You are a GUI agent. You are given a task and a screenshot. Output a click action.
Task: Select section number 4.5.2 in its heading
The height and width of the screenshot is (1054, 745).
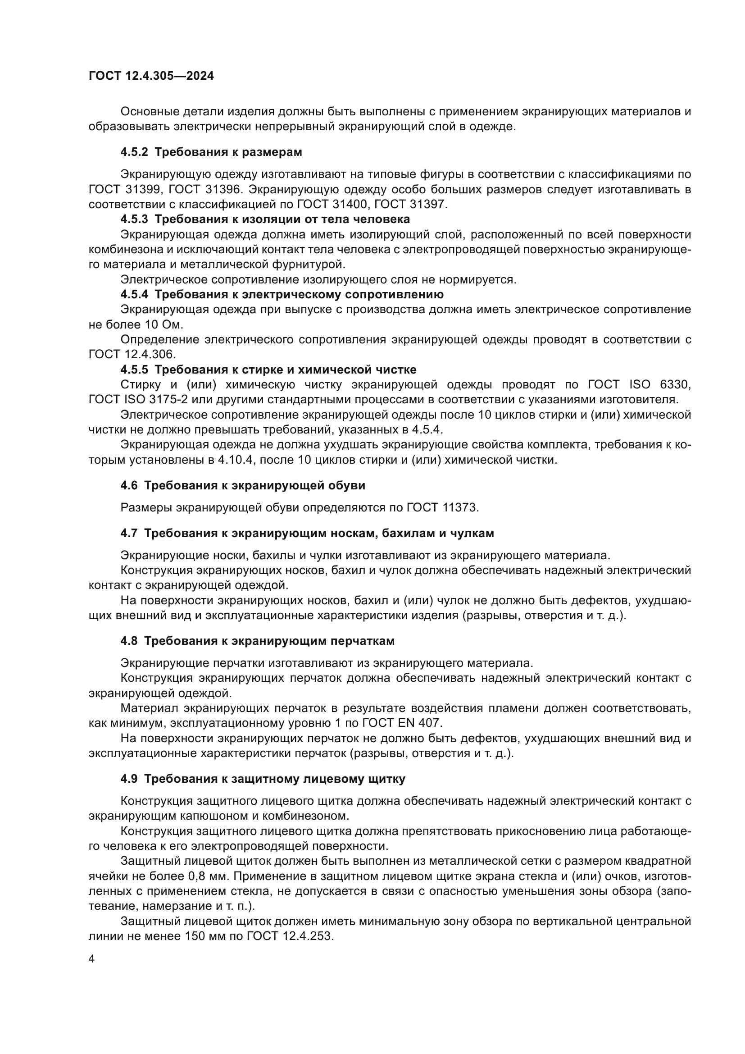pos(134,152)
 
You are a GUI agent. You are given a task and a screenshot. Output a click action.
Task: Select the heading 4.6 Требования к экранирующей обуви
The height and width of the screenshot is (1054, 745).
pos(243,485)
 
